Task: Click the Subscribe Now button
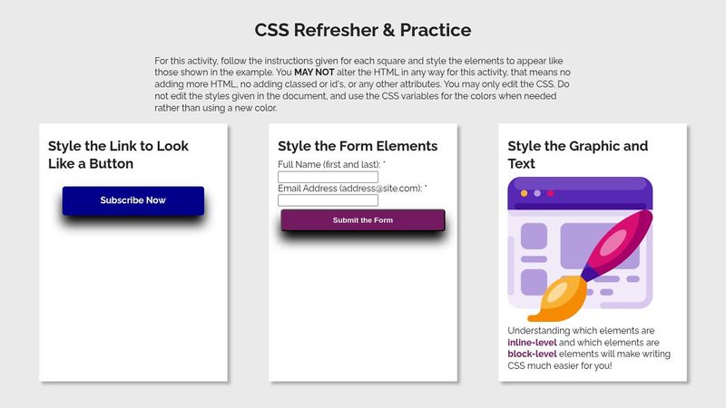[x=132, y=200]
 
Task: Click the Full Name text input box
[x=327, y=178]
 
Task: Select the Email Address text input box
[x=327, y=200]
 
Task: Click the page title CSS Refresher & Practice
[x=363, y=30]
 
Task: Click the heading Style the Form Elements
[x=358, y=146]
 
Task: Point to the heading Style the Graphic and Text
[x=578, y=154]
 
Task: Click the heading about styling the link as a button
[x=118, y=154]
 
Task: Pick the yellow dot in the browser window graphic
[x=524, y=193]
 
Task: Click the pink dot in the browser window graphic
[x=551, y=193]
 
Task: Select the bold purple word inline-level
[x=532, y=343]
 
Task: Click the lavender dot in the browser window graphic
[x=537, y=193]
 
